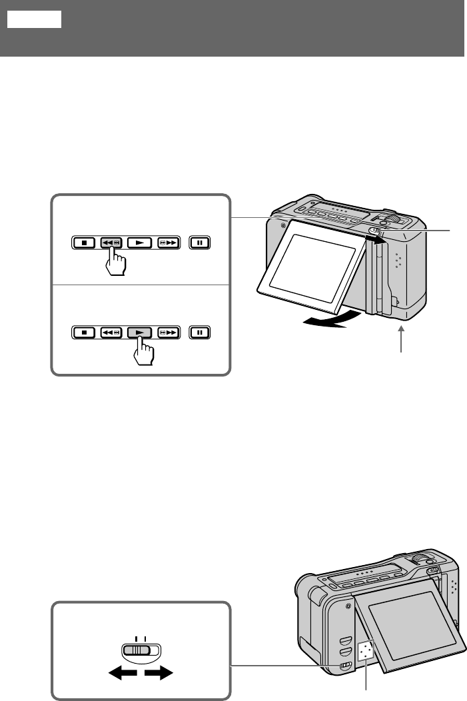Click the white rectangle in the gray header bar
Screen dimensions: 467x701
(x=35, y=19)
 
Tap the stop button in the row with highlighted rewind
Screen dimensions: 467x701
(x=85, y=243)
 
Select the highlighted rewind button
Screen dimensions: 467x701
(x=111, y=243)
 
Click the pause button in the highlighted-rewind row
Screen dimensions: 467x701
(x=199, y=243)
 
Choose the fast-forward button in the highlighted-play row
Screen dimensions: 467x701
(x=169, y=331)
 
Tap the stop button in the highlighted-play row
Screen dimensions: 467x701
(x=85, y=331)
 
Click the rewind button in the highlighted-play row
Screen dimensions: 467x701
(x=111, y=331)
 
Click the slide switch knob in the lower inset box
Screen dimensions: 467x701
(x=140, y=650)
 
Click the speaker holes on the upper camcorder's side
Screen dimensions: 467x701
(x=398, y=259)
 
